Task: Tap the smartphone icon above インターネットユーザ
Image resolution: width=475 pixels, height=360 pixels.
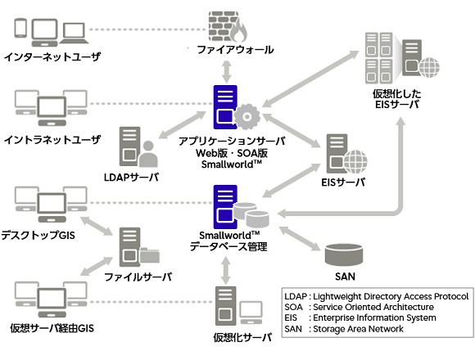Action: pyautogui.click(x=20, y=28)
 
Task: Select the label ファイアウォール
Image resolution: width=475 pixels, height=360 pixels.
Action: pyautogui.click(x=235, y=50)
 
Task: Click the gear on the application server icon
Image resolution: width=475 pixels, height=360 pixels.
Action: pyautogui.click(x=247, y=116)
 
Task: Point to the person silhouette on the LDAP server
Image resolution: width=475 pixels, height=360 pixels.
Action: pyautogui.click(x=148, y=154)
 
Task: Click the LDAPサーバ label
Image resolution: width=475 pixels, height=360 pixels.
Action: pyautogui.click(x=131, y=178)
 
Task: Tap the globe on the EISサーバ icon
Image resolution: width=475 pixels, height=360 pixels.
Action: pyautogui.click(x=355, y=161)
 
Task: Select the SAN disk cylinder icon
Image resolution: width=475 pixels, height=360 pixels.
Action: pyautogui.click(x=343, y=254)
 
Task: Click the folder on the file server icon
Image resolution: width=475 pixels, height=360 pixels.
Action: pyautogui.click(x=150, y=255)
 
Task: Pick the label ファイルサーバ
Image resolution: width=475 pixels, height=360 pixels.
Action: pyautogui.click(x=138, y=277)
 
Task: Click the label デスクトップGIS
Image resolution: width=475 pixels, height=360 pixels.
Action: pyautogui.click(x=38, y=235)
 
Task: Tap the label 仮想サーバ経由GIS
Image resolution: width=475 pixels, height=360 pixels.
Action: pyautogui.click(x=52, y=328)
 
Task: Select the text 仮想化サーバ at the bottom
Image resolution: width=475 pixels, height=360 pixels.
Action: pyautogui.click(x=242, y=337)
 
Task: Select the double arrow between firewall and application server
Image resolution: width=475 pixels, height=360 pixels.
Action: pyautogui.click(x=227, y=72)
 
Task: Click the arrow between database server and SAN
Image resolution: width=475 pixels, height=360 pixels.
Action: pyautogui.click(x=299, y=238)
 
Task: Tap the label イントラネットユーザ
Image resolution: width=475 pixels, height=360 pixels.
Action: pyautogui.click(x=52, y=139)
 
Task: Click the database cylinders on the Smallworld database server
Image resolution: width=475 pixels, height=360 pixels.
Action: pyautogui.click(x=251, y=215)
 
